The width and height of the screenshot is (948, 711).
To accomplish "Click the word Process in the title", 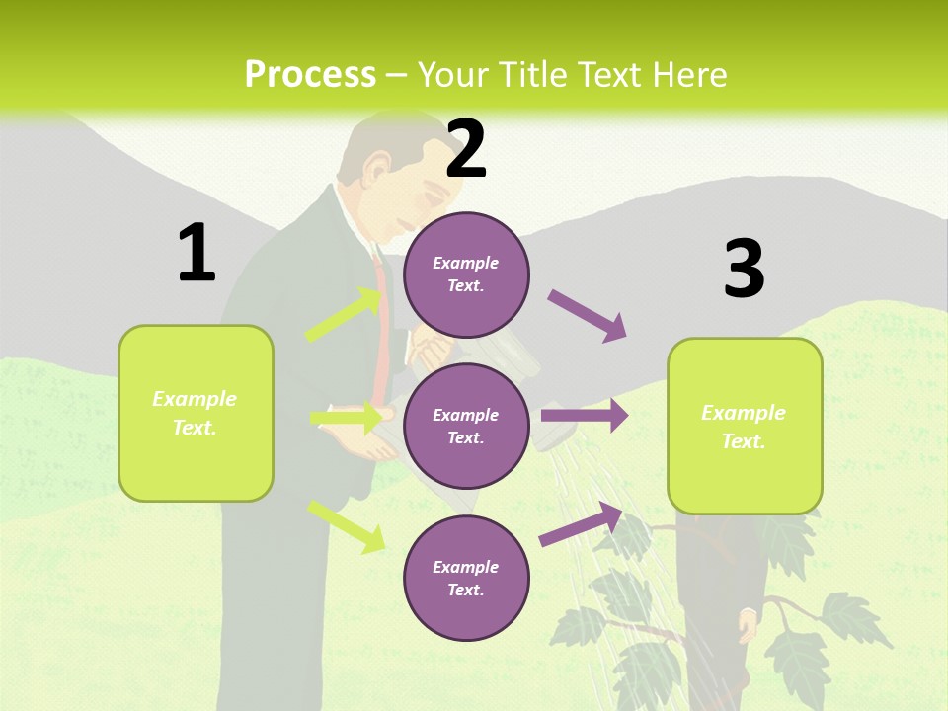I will click(310, 75).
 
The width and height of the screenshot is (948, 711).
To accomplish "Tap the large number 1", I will click(197, 253).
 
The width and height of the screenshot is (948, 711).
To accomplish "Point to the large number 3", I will click(745, 270).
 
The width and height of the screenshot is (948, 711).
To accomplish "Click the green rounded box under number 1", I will click(196, 413).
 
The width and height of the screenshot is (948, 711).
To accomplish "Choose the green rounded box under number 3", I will click(745, 426).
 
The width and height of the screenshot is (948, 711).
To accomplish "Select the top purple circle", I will click(466, 275).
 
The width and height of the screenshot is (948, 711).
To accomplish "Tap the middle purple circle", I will click(466, 426).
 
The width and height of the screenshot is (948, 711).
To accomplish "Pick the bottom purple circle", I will click(466, 578).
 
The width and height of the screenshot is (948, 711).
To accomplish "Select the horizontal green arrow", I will click(347, 419).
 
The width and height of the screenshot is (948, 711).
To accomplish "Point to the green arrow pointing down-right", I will click(347, 525).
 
